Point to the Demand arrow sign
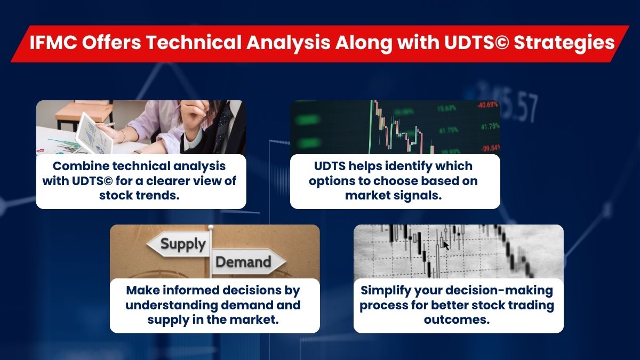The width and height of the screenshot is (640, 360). (246, 262)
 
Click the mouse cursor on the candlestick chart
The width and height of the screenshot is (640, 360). (446, 245)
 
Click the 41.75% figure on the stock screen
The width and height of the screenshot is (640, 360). (489, 126)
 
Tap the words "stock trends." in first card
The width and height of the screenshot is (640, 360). (141, 195)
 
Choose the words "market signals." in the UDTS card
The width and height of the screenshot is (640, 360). (395, 195)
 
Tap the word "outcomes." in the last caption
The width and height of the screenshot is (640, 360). (458, 319)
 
